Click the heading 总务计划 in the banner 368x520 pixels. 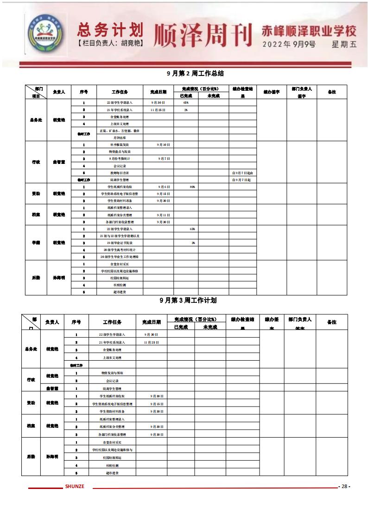coord(109,30)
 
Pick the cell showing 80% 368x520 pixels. coord(192,187)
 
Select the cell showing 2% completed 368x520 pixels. coord(186,110)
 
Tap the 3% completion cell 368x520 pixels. coord(193,243)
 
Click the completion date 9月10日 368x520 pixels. coord(163,145)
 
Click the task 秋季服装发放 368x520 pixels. coord(120,145)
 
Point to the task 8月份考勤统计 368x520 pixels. coord(120,159)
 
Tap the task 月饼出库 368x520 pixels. coord(120,138)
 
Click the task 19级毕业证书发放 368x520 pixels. coord(120,243)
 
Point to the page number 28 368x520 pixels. coord(344,486)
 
